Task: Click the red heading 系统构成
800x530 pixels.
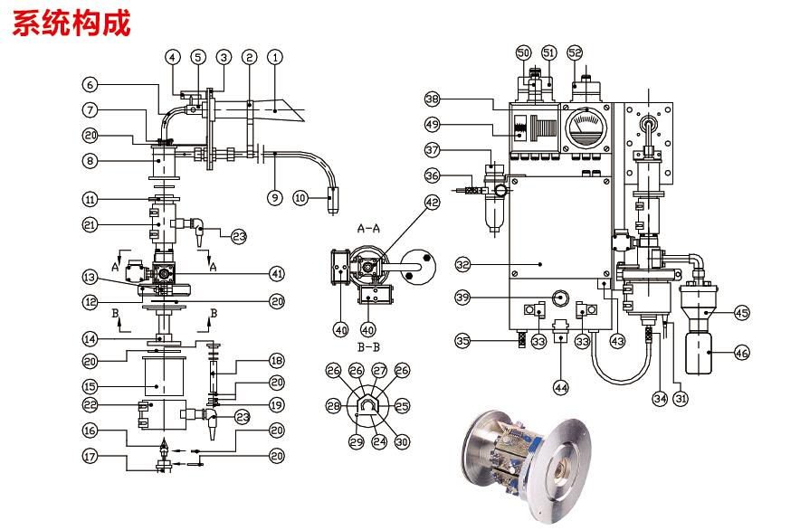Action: (x=71, y=22)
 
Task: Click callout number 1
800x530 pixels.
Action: (x=277, y=56)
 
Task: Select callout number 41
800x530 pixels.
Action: (x=277, y=271)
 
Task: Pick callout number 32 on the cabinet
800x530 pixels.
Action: (x=462, y=265)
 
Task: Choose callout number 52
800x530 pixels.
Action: (x=576, y=53)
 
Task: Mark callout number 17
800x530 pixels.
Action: (x=89, y=458)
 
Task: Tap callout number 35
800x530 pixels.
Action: (x=462, y=341)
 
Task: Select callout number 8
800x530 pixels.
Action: (x=89, y=162)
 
